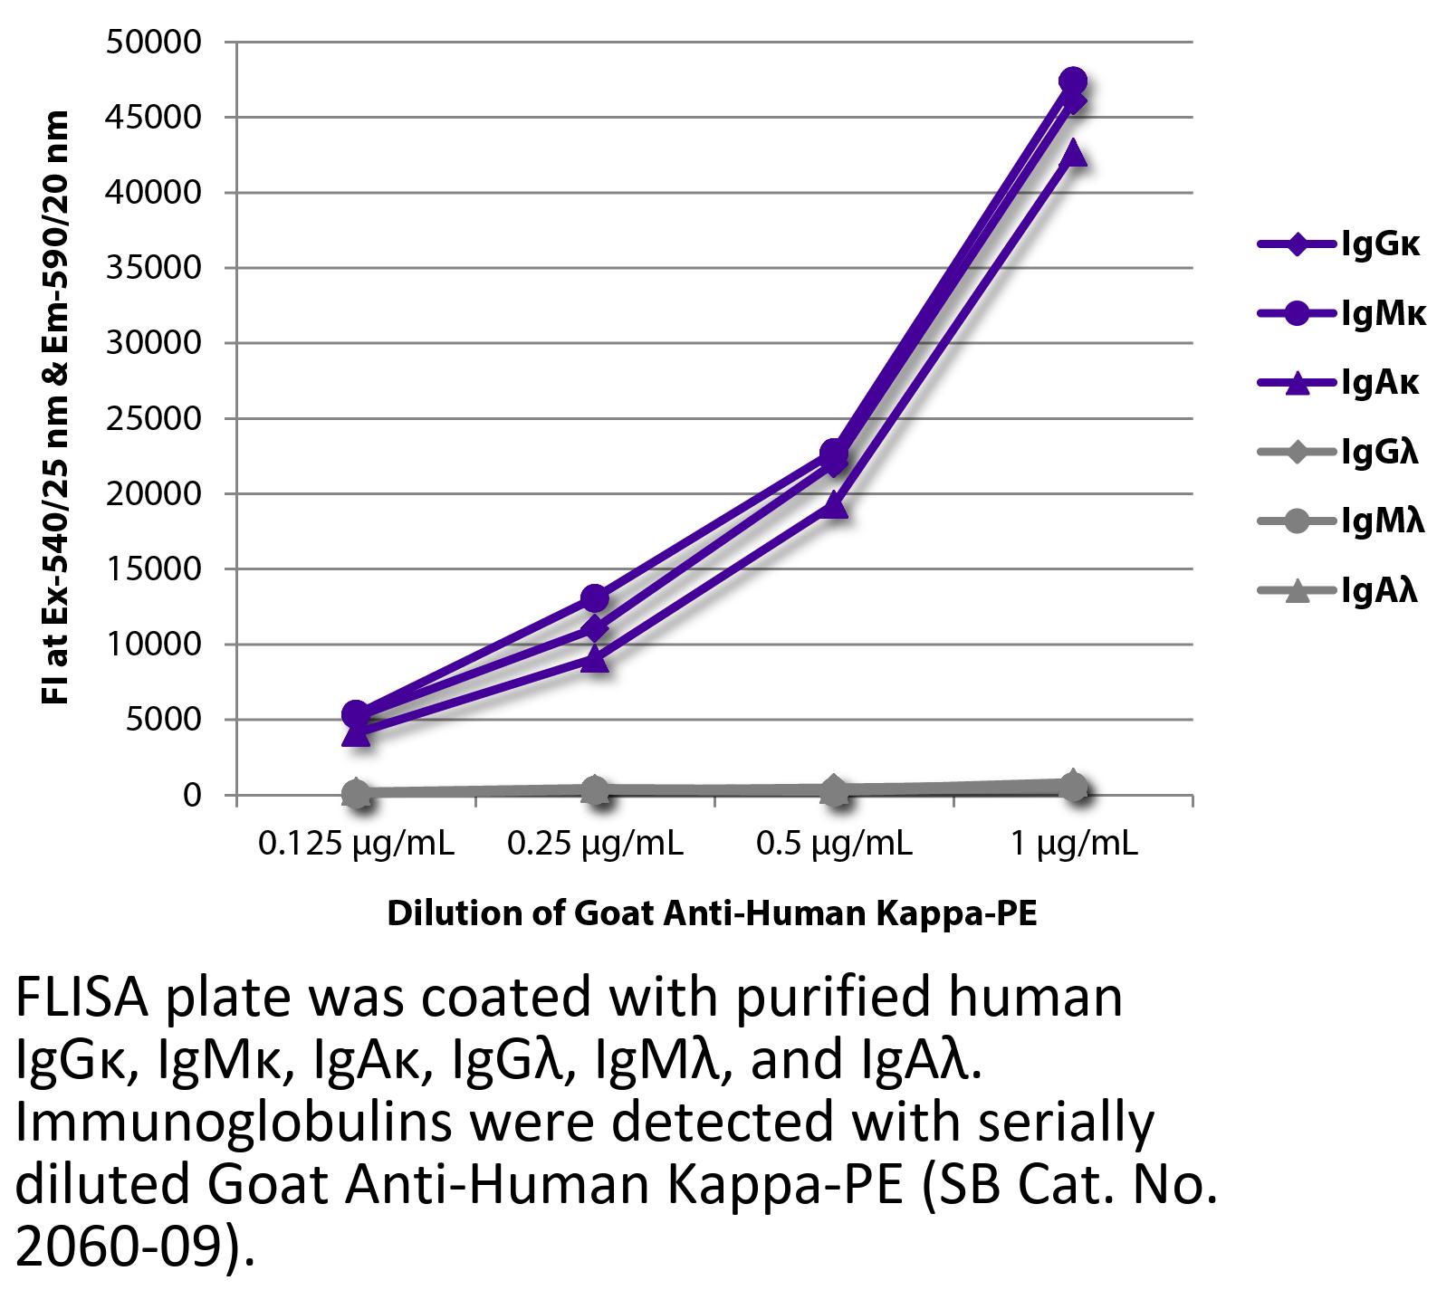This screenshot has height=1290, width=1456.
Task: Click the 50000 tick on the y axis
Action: pos(153,43)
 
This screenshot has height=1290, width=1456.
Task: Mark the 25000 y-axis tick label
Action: pos(153,419)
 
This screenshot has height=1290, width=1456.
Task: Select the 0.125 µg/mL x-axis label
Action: pos(356,845)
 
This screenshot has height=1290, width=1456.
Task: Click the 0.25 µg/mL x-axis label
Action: pos(595,845)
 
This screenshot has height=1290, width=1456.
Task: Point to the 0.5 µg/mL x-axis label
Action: pos(834,845)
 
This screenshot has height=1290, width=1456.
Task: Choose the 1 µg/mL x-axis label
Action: pos(1073,845)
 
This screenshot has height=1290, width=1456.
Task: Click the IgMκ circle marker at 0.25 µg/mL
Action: pos(595,598)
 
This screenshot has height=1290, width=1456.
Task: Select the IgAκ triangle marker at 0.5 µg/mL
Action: pos(834,506)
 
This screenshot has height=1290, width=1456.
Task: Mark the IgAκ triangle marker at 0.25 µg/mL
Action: pos(595,659)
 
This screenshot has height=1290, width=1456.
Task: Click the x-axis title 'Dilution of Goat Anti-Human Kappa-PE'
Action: pos(712,914)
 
